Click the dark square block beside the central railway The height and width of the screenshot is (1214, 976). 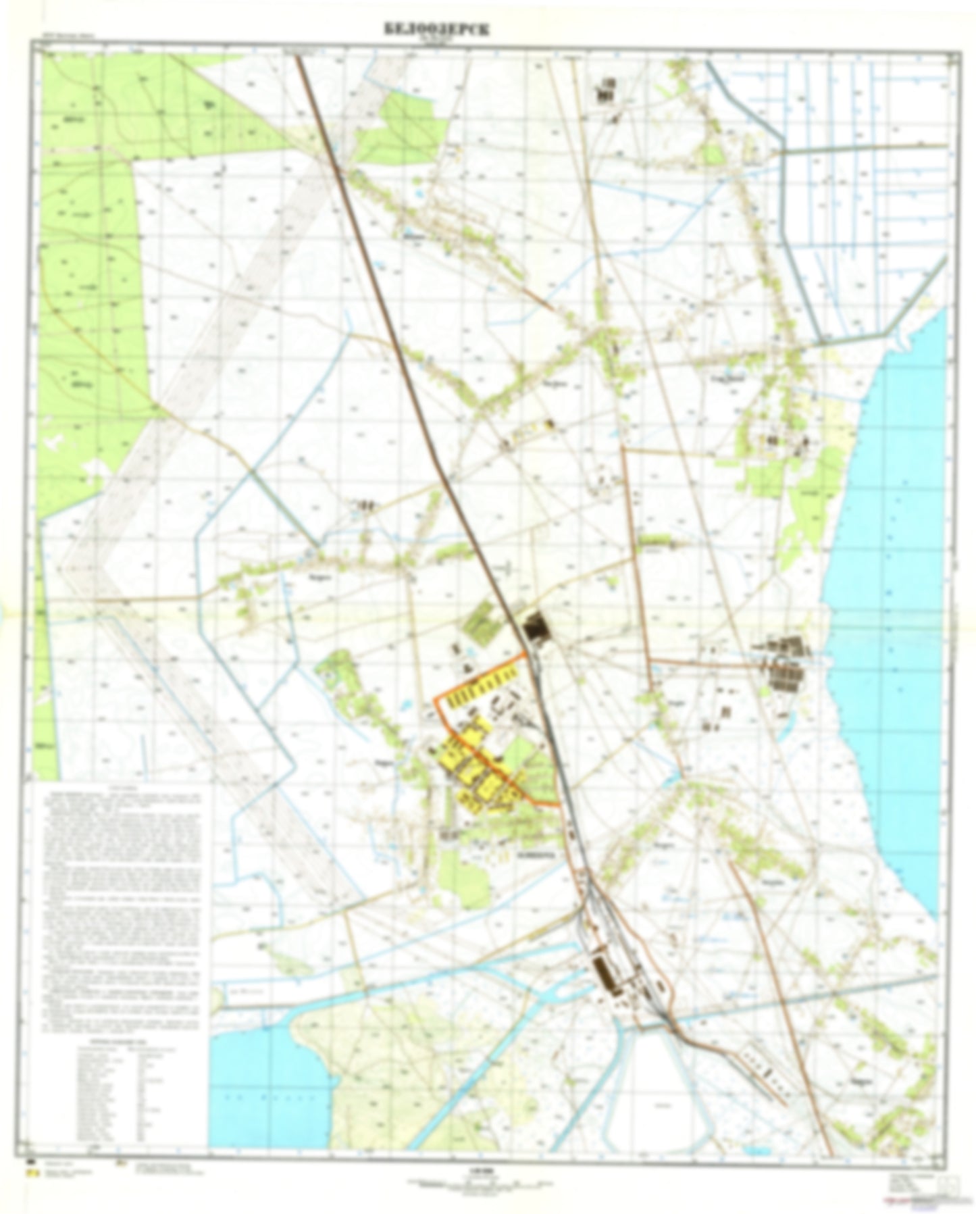pos(538,626)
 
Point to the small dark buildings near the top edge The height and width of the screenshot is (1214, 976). pos(606,91)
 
